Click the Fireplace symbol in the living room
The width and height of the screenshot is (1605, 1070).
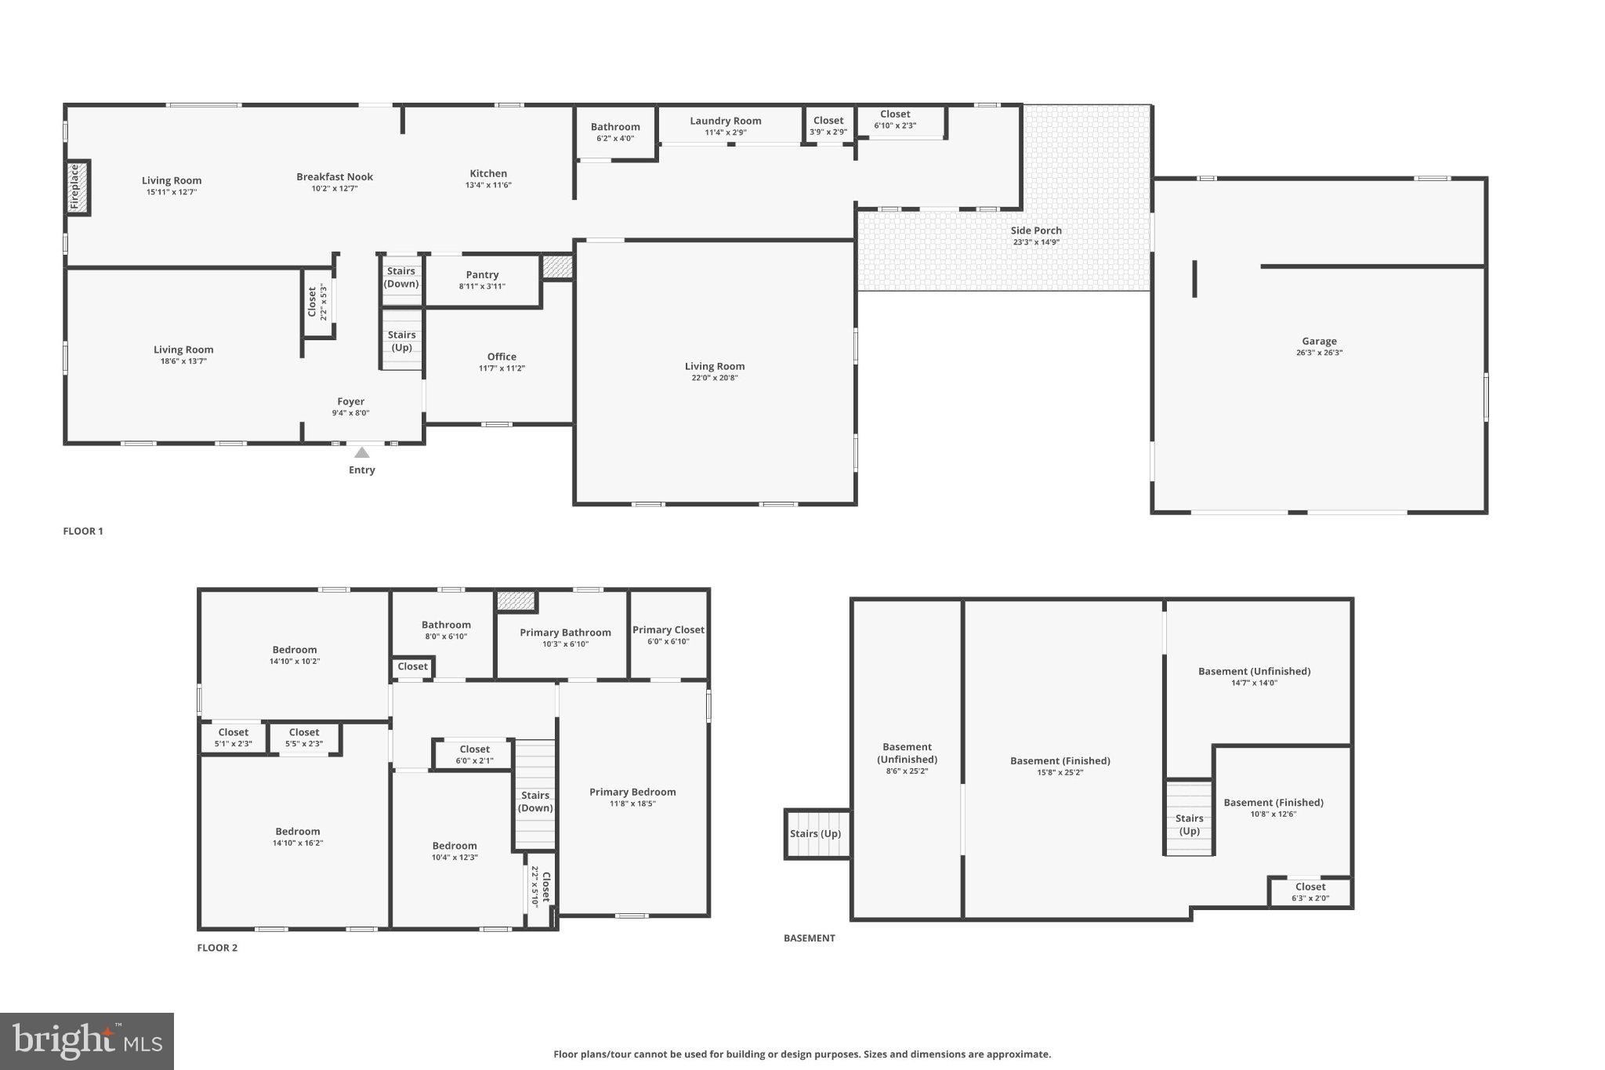78,187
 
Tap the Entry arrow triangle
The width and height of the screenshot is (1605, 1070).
361,453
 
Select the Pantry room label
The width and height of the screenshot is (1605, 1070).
482,275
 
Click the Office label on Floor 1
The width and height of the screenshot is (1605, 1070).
502,357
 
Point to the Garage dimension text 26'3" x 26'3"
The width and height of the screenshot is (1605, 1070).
1319,353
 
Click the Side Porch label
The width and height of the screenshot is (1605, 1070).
1036,230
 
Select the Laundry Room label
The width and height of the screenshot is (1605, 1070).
726,121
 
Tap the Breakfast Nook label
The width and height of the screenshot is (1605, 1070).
335,177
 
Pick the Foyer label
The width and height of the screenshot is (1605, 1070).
350,401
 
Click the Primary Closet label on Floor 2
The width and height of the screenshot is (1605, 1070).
668,630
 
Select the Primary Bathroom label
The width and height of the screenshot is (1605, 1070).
565,633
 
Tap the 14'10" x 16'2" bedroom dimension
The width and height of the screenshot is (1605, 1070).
298,843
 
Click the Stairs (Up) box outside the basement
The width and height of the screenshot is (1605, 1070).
816,833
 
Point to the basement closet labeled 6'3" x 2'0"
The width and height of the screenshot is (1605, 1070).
1310,893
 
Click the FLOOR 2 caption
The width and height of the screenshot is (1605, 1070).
217,948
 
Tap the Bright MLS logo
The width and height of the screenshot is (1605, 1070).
87,1041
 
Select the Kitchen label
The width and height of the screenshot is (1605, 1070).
488,174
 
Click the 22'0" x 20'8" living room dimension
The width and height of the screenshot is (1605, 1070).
715,378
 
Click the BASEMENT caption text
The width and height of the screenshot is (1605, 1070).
810,938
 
